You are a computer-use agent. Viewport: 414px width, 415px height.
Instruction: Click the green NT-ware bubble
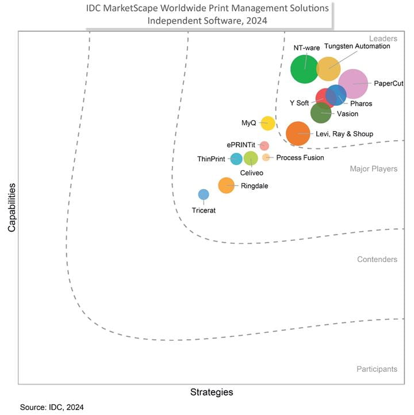click(304, 68)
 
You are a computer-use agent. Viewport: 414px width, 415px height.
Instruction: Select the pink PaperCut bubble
click(352, 84)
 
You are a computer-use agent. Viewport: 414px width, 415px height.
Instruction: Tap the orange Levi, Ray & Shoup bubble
click(298, 134)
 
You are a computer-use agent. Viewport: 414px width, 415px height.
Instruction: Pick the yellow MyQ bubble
click(267, 123)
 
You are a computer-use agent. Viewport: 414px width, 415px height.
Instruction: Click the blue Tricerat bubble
click(203, 195)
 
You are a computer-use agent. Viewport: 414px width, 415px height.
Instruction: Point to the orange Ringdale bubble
click(227, 185)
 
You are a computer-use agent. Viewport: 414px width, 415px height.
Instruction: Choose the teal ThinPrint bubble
click(236, 159)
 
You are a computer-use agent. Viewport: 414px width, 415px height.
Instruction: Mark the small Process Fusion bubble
click(266, 157)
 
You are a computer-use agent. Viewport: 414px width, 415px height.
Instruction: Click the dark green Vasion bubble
click(321, 113)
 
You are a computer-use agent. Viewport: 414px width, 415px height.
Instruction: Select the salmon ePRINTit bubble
click(264, 145)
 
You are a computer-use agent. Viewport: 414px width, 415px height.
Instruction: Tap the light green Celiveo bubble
click(251, 158)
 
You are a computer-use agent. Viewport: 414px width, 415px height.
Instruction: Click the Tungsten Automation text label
click(356, 46)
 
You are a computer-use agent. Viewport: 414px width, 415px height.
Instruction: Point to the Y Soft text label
click(299, 103)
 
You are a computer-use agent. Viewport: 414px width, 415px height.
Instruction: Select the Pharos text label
click(361, 103)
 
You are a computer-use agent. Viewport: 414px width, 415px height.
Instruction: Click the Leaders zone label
click(382, 39)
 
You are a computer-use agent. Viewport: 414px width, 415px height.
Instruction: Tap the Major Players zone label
click(373, 169)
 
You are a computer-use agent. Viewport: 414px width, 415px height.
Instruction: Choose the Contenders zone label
click(377, 259)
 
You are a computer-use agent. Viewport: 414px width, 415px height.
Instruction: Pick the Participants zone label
click(376, 369)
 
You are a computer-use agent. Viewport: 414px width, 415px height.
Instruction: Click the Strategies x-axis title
click(212, 392)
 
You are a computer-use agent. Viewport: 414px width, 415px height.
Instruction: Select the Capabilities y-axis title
click(11, 207)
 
